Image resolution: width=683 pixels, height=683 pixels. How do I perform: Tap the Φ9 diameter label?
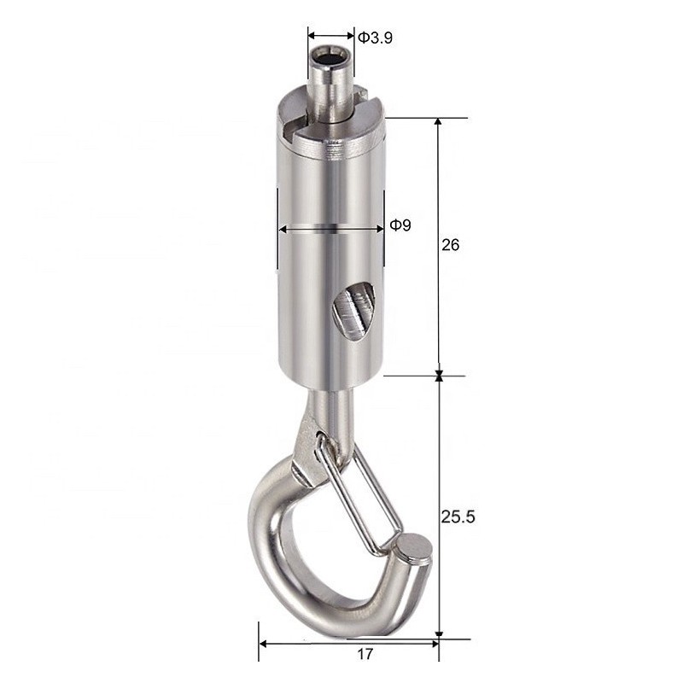pyautogui.click(x=400, y=225)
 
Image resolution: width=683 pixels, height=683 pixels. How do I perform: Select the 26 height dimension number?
pyautogui.click(x=451, y=245)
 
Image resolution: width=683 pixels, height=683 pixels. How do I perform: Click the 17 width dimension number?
pyautogui.click(x=365, y=656)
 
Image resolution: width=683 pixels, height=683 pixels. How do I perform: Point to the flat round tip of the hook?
pyautogui.click(x=413, y=547)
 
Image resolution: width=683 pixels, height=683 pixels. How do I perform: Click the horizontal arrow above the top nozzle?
pyautogui.click(x=330, y=36)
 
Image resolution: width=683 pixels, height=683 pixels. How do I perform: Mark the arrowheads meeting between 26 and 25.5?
pyautogui.click(x=439, y=375)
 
